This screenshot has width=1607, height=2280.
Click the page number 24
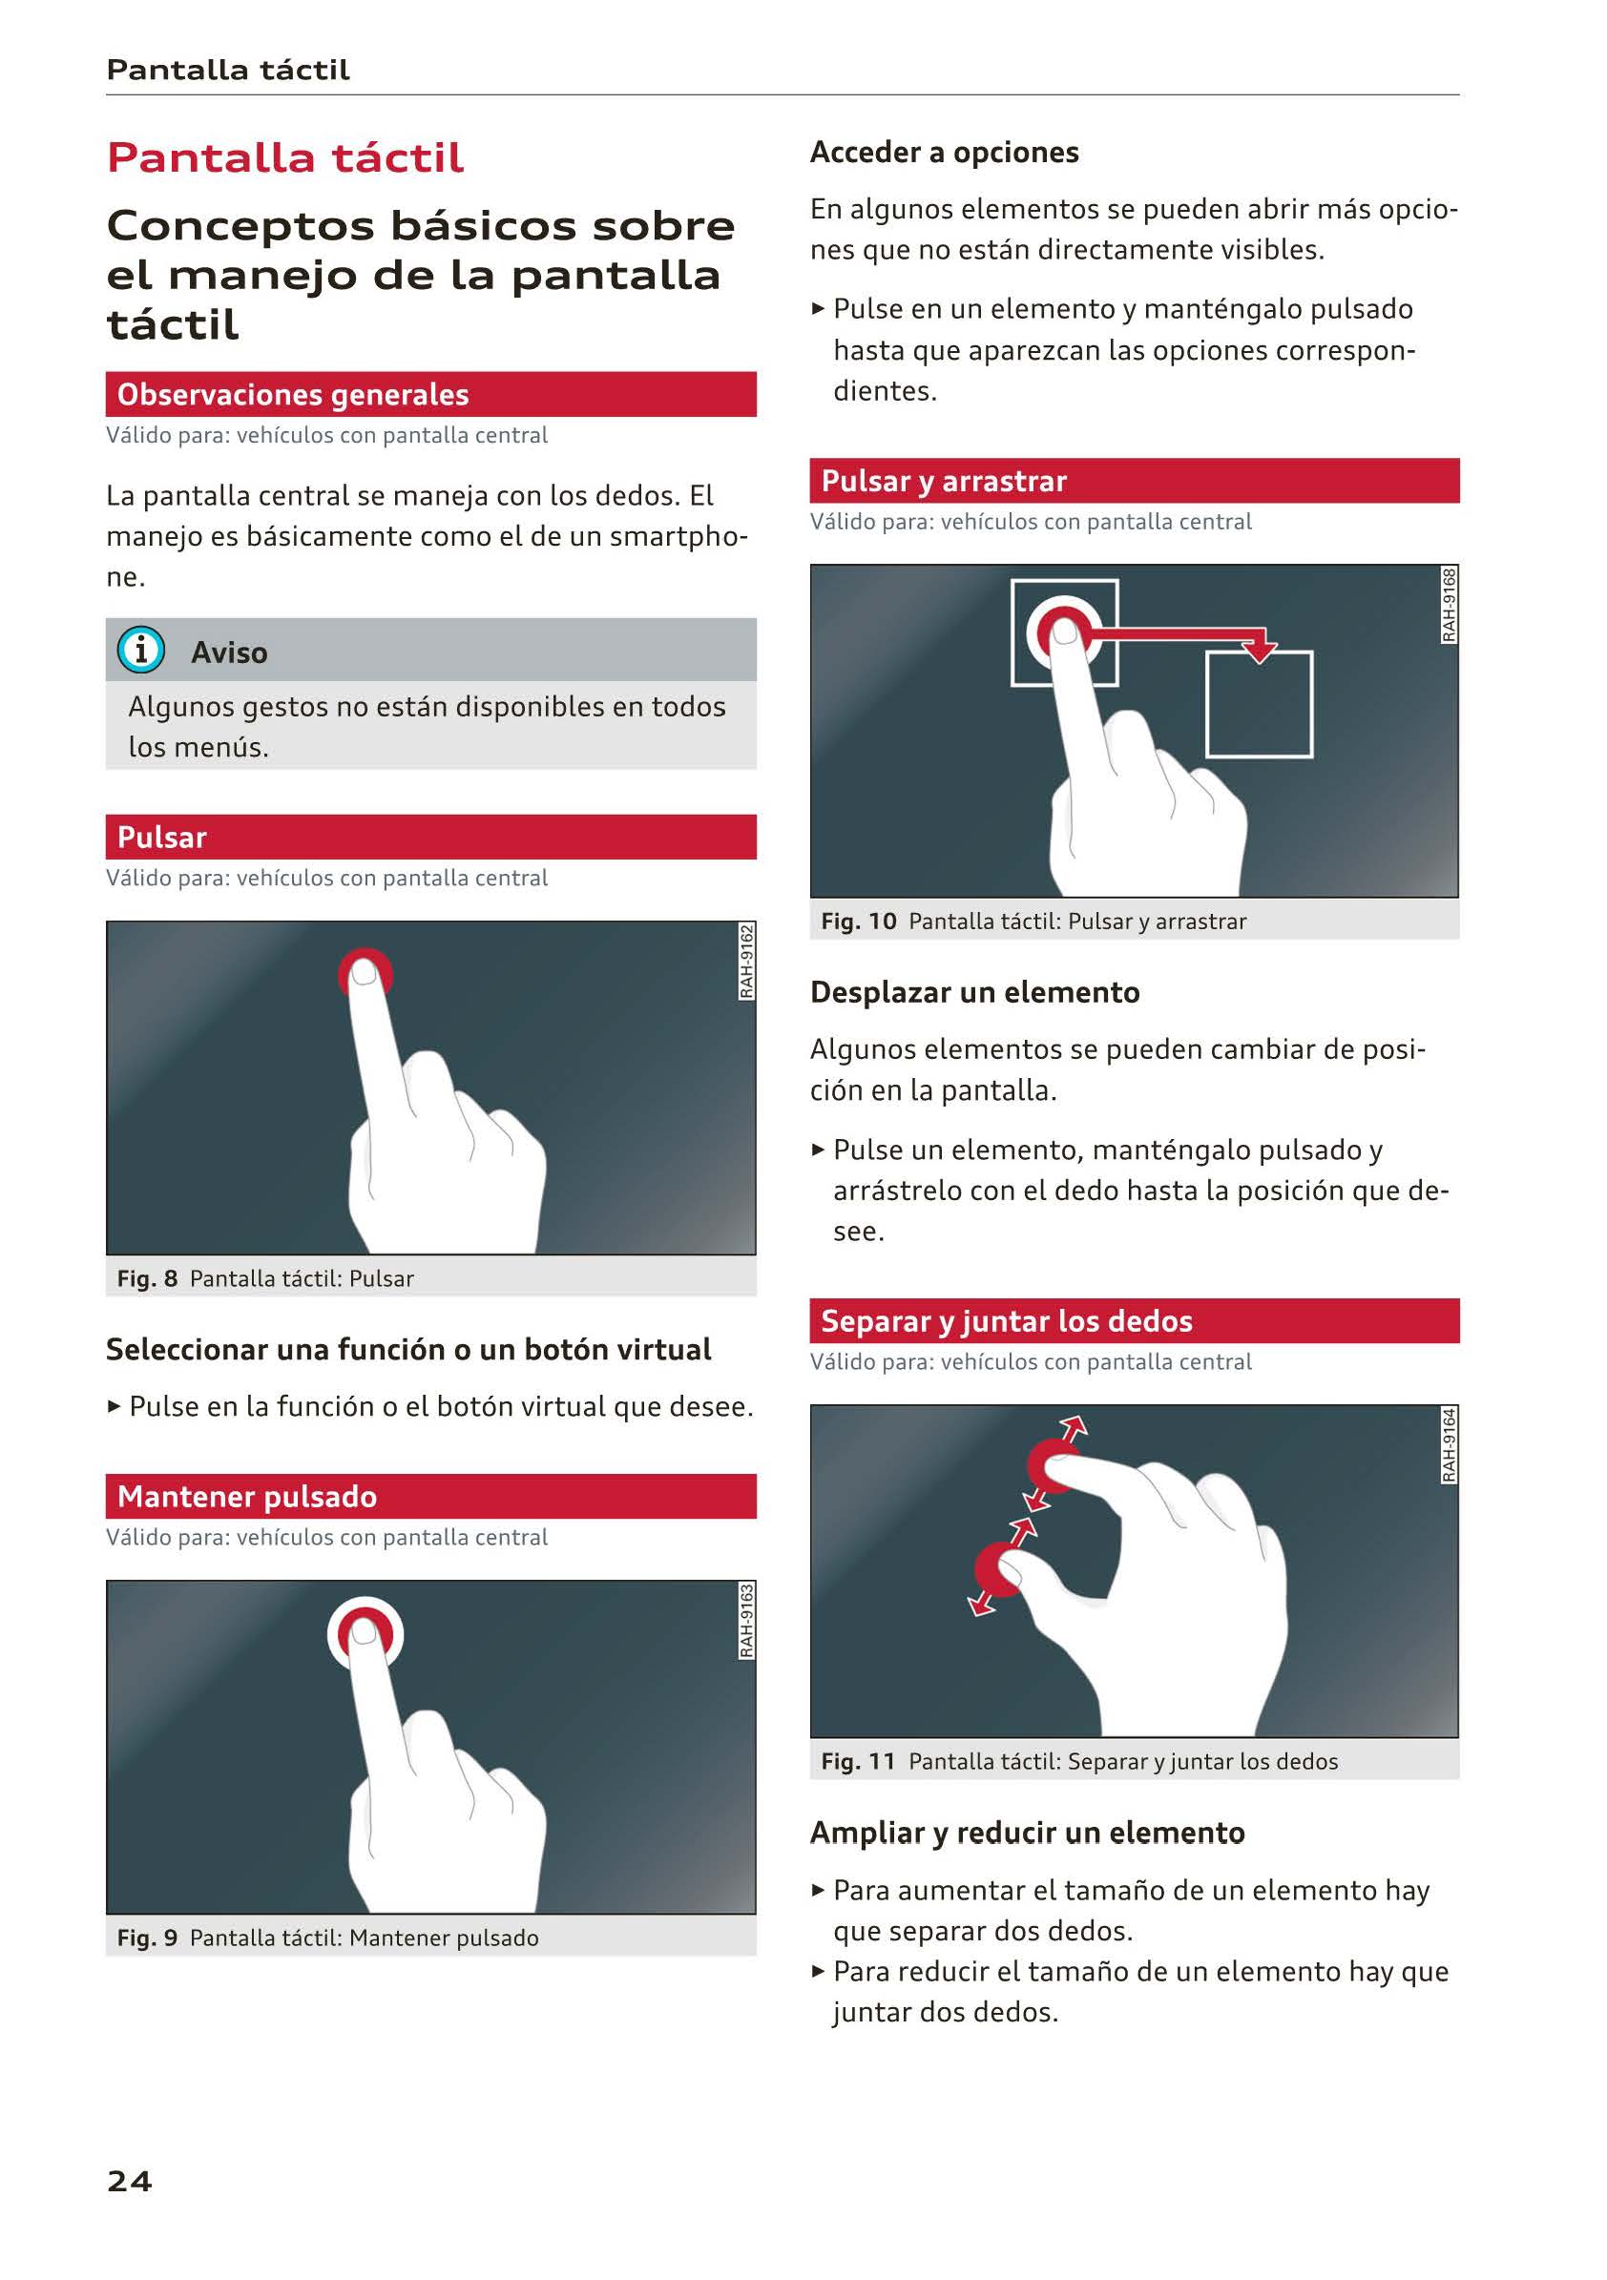(x=129, y=2181)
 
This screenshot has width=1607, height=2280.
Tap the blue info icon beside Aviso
(x=141, y=650)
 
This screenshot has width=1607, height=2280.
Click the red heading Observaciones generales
(x=293, y=394)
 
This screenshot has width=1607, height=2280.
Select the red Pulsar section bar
(x=431, y=836)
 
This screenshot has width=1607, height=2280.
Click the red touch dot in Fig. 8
(x=365, y=973)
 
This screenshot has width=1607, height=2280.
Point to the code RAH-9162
(x=746, y=961)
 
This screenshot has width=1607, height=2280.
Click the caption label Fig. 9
(x=147, y=1938)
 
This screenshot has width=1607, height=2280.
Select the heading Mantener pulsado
(x=247, y=1496)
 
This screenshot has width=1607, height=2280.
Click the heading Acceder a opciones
(x=944, y=152)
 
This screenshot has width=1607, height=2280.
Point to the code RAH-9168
(x=1450, y=604)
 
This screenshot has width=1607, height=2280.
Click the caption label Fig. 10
(x=858, y=921)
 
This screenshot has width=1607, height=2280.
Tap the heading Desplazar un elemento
(x=974, y=992)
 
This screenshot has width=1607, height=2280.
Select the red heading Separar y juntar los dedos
(x=1006, y=1320)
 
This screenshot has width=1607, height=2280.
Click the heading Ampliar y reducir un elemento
(x=1027, y=1833)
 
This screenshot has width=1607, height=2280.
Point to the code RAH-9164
(x=1450, y=1445)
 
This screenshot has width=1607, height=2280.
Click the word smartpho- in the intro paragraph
(x=678, y=536)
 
